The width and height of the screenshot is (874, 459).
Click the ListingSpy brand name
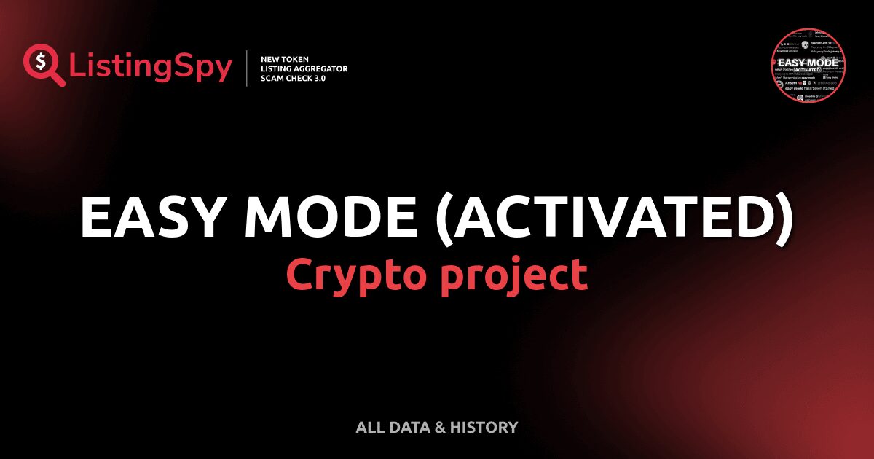tap(151, 68)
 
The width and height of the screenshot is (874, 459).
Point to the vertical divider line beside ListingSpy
tap(248, 68)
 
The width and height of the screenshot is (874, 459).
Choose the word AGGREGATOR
tap(324, 68)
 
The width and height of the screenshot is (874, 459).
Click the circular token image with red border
tap(809, 65)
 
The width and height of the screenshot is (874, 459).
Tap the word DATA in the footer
tap(407, 428)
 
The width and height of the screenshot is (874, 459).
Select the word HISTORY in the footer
tap(484, 428)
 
